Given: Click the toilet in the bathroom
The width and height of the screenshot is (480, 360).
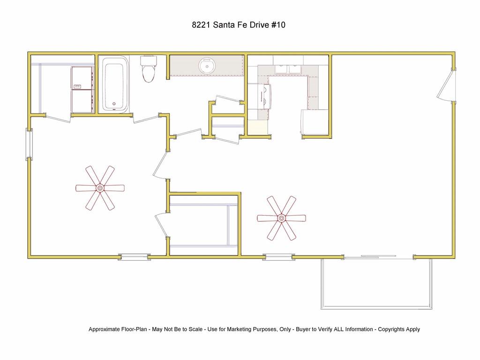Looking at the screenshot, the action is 149,69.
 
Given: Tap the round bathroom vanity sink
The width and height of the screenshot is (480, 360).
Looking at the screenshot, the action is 207,66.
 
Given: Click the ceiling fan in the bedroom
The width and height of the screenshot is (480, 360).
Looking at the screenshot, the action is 100,188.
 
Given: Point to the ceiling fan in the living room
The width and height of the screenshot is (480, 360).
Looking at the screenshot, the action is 281,218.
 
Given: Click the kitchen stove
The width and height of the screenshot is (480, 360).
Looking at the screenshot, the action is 264,96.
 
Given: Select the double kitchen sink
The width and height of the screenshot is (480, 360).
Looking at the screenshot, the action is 288,69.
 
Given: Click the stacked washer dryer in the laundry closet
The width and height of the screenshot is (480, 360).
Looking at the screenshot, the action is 82,90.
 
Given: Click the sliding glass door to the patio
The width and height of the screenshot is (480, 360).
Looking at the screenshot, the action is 378,257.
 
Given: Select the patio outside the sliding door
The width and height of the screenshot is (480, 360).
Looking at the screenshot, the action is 376,284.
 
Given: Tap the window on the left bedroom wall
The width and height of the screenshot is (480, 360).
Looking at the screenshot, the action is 29,144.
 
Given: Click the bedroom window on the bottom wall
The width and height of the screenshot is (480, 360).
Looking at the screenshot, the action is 135,257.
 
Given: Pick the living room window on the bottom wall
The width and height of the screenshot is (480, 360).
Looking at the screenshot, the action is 278,257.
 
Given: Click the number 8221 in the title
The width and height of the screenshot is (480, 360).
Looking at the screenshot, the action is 201,25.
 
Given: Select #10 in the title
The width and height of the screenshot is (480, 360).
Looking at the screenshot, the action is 278,25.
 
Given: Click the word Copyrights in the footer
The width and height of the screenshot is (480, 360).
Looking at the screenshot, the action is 391,330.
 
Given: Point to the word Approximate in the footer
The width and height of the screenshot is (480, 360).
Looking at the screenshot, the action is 104,330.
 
